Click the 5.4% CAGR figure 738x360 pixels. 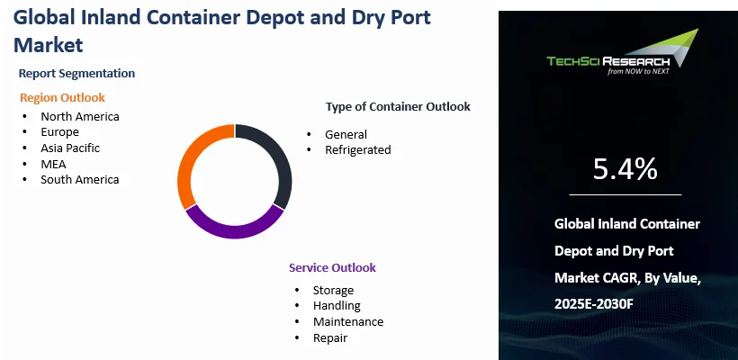(625, 169)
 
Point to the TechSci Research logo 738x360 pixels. (622, 52)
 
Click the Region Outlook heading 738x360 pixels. (62, 98)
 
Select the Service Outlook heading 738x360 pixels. (332, 268)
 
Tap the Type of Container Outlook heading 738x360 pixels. (398, 107)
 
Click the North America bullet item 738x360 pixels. (80, 116)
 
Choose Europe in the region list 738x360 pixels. (59, 131)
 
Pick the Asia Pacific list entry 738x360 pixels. (70, 148)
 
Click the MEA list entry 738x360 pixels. (53, 164)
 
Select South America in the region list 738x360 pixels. (79, 179)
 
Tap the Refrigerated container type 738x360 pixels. (357, 149)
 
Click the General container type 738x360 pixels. (346, 134)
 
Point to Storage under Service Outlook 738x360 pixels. (333, 291)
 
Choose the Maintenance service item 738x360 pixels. (348, 322)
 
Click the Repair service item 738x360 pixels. (330, 337)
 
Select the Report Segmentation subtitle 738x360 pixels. (76, 74)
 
